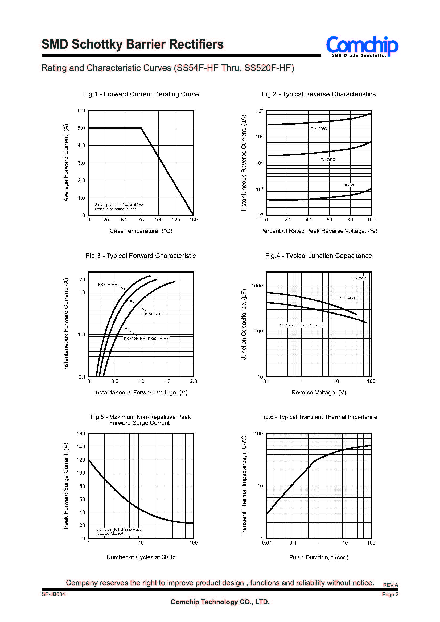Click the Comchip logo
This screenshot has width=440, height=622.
362,46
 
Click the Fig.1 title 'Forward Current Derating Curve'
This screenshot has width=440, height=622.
151,94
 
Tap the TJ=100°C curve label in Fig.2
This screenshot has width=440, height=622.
319,129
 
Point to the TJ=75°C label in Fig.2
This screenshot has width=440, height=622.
328,160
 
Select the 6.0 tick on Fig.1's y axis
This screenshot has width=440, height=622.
81,110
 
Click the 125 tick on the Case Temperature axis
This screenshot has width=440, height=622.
176,220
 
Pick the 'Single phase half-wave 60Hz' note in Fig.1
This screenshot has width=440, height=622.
119,205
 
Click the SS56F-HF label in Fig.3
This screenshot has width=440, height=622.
153,314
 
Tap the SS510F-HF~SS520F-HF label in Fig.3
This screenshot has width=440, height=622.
146,338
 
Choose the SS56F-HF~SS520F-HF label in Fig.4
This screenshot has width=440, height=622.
301,325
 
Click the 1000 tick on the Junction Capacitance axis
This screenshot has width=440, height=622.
257,286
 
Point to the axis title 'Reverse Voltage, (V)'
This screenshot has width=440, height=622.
319,392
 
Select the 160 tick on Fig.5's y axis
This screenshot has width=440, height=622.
81,434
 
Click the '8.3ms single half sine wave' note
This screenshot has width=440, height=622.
119,529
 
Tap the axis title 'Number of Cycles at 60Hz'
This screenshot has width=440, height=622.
141,557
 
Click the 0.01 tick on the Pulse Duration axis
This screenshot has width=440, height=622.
267,543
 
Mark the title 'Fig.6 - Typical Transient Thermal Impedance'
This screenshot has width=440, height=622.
319,417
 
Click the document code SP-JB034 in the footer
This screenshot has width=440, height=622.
54,594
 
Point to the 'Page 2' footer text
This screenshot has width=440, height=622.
390,594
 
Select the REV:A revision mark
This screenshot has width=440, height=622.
390,585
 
